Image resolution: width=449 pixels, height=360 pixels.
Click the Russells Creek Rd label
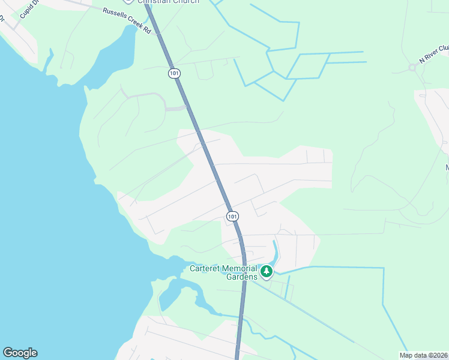(x=127, y=20)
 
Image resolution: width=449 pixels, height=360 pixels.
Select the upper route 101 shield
(x=173, y=73)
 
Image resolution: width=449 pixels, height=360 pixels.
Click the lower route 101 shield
(x=232, y=216)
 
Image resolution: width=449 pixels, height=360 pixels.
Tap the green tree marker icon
(x=267, y=272)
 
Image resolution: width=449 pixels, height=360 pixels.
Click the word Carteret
(x=206, y=268)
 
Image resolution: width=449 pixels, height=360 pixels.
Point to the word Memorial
(x=241, y=268)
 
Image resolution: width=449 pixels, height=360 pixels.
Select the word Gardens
(x=242, y=277)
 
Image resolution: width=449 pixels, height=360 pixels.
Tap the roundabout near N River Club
(x=412, y=67)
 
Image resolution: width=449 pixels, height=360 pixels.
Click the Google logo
(x=20, y=353)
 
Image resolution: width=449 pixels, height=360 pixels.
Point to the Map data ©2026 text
(x=423, y=355)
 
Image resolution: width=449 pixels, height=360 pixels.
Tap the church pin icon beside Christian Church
(x=130, y=1)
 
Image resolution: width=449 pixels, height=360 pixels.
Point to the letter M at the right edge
(x=447, y=167)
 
